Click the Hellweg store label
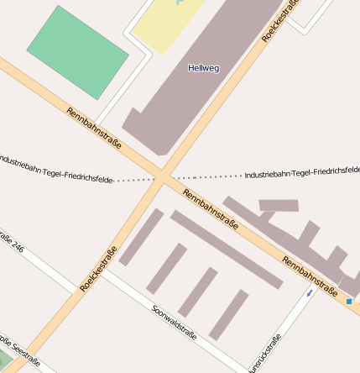[203, 68]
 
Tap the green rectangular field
[77, 52]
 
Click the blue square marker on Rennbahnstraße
[349, 300]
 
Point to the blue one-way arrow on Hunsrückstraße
[310, 293]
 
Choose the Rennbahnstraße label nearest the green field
[94, 128]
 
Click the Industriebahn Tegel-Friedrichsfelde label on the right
[301, 172]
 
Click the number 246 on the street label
[18, 250]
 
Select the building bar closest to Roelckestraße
[141, 238]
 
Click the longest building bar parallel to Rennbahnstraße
[226, 249]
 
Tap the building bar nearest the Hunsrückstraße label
[228, 315]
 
